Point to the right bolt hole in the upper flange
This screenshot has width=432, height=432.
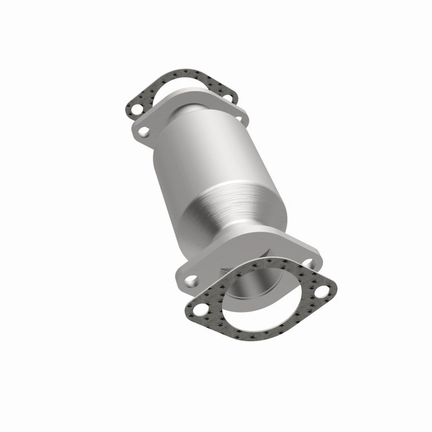click(x=239, y=114)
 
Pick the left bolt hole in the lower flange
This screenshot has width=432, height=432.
click(x=190, y=280)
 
